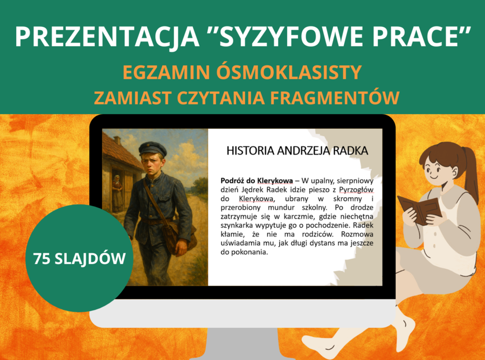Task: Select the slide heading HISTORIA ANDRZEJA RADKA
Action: (x=297, y=150)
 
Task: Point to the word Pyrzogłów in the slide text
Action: (x=356, y=189)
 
